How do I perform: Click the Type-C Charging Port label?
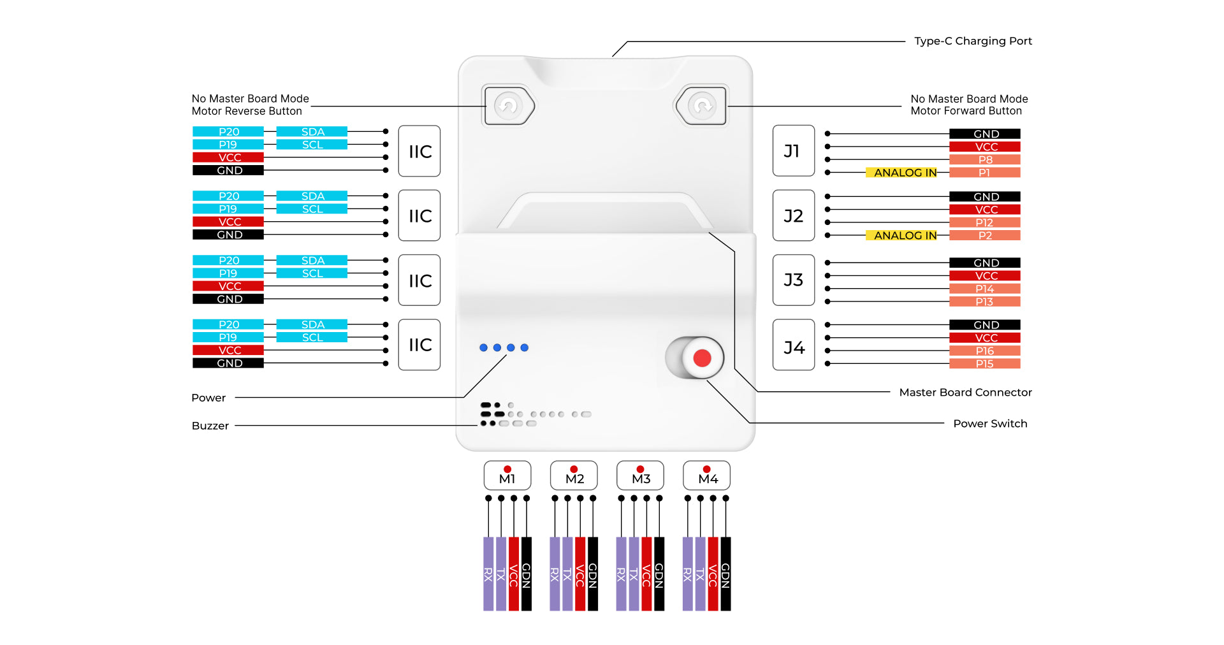(x=973, y=41)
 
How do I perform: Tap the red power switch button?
(x=701, y=358)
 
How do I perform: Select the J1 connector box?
(x=793, y=151)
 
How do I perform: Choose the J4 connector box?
(x=793, y=345)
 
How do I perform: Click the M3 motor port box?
(x=640, y=475)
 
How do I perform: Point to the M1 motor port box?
(x=507, y=475)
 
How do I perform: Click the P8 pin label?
(x=984, y=159)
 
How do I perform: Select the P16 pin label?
(x=984, y=351)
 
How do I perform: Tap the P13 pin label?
(x=984, y=301)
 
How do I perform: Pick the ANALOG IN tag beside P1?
(x=905, y=173)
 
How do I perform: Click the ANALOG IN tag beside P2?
(x=905, y=236)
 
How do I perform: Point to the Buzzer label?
(x=210, y=426)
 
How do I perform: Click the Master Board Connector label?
(x=965, y=393)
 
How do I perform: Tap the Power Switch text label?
(x=990, y=424)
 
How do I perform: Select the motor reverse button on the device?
(x=509, y=105)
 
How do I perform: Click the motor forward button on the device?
(x=702, y=105)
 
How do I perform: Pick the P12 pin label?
(x=984, y=222)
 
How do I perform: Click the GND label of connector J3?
(x=984, y=263)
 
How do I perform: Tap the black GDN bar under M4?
(x=725, y=574)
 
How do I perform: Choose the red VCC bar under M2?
(x=580, y=574)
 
